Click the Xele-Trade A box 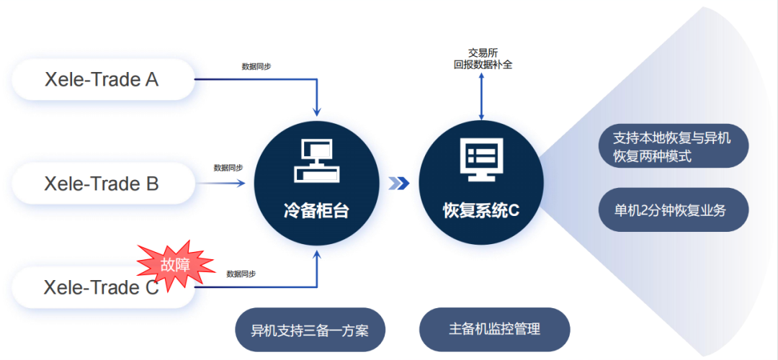click(x=103, y=79)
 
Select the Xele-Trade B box click(x=103, y=184)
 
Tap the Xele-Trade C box click(x=103, y=287)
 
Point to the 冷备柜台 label click(x=316, y=211)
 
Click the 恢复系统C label click(x=480, y=211)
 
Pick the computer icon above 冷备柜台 click(x=317, y=160)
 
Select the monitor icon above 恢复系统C click(x=480, y=160)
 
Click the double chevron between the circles click(x=399, y=184)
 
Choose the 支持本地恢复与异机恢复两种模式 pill click(x=674, y=146)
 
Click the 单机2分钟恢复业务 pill click(x=674, y=210)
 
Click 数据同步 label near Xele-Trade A click(x=256, y=66)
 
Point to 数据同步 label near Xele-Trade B click(x=228, y=168)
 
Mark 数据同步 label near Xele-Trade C click(x=241, y=273)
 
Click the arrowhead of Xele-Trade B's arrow click(x=241, y=184)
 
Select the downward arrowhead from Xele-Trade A click(x=317, y=112)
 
